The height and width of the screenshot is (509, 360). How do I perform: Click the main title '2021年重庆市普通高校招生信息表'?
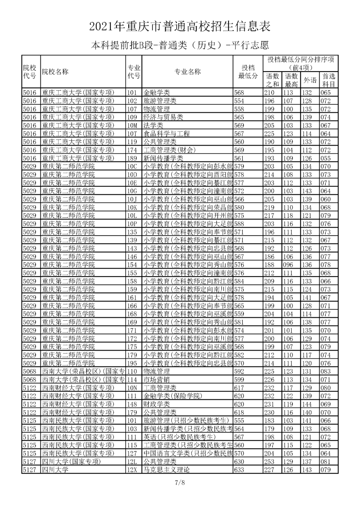point(180,27)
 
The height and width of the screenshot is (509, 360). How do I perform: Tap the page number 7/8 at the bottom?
point(180,482)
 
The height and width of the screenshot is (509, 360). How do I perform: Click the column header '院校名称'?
point(55,72)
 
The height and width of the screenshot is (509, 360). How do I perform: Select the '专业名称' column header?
point(188,72)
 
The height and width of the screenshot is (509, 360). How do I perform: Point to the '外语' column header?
point(310,80)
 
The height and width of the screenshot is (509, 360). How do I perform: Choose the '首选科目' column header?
point(329,80)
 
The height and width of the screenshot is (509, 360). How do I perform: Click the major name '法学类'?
point(153,125)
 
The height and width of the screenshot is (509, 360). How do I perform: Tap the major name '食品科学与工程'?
point(167,134)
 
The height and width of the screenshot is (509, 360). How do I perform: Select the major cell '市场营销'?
point(157,380)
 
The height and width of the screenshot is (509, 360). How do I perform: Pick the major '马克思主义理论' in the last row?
point(167,470)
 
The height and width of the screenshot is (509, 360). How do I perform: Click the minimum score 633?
point(239,470)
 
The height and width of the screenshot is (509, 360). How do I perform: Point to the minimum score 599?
point(239,380)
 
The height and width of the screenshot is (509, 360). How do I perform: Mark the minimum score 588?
point(239,224)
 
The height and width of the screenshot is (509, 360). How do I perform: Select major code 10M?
point(132,125)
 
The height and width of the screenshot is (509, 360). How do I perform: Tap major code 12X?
point(132,470)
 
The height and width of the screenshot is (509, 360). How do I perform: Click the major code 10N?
point(132,388)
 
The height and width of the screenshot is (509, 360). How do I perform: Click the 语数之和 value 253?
point(269,462)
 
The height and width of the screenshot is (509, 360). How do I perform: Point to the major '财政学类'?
point(157,404)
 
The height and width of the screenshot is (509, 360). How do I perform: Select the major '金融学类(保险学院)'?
point(173,396)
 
